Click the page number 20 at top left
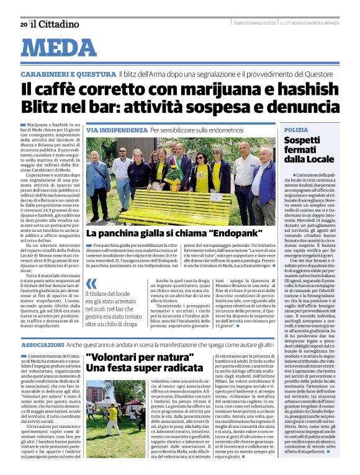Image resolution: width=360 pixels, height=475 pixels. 23,24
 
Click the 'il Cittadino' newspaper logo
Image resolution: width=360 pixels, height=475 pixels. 55,24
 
